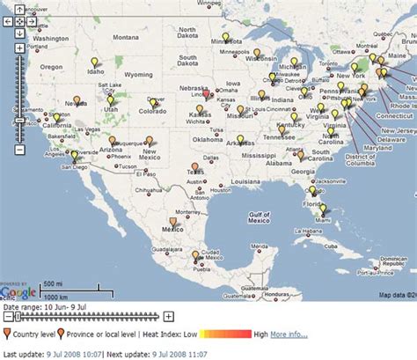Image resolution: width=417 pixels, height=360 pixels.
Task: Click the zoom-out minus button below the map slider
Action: (x=7, y=316)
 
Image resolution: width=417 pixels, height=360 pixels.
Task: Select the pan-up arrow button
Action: (x=18, y=8)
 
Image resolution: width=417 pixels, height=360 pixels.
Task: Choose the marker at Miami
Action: (x=323, y=209)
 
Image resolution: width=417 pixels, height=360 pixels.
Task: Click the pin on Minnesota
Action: (x=225, y=38)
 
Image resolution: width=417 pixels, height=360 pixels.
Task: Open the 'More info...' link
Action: (x=289, y=334)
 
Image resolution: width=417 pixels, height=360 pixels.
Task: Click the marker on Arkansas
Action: (x=240, y=139)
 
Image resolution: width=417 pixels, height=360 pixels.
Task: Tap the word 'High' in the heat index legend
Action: (x=260, y=334)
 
